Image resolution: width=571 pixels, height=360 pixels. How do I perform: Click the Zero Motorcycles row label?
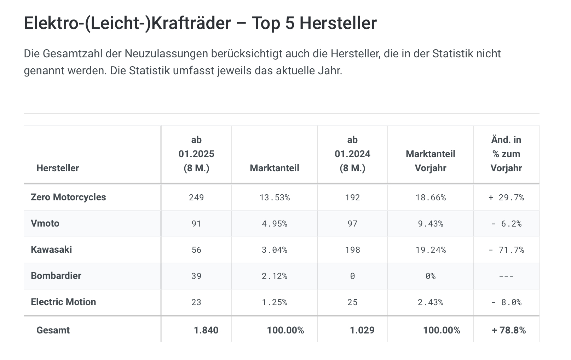tap(68, 197)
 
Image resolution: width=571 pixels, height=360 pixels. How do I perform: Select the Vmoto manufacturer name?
tap(45, 223)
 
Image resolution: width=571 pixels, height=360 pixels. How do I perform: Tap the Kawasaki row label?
tap(51, 250)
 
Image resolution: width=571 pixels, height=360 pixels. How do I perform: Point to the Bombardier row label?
tap(56, 276)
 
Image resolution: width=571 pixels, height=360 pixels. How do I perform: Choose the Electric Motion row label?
tap(63, 302)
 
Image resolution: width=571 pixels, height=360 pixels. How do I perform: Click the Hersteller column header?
tap(58, 168)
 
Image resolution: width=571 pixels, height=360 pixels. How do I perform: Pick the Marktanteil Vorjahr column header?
tap(430, 161)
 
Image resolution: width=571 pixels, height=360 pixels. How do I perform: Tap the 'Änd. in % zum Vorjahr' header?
tap(506, 154)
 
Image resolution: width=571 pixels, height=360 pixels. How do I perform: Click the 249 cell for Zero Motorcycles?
tap(196, 198)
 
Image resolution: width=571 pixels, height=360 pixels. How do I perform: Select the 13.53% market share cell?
tap(275, 198)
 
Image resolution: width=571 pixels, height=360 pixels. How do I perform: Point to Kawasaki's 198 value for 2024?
tap(352, 250)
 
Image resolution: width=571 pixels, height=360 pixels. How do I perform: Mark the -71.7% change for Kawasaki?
tap(506, 250)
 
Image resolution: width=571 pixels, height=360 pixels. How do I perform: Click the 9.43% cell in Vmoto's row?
tap(430, 224)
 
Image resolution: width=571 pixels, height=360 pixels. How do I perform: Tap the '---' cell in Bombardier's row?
tap(506, 276)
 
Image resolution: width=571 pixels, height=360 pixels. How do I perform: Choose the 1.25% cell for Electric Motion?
tap(275, 302)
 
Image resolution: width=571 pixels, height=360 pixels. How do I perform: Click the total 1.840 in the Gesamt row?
tap(206, 330)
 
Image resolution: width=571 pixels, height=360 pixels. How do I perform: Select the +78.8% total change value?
tap(508, 330)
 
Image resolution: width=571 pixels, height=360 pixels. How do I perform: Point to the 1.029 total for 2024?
tap(362, 330)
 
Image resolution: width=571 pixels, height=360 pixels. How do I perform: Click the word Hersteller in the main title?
tap(338, 23)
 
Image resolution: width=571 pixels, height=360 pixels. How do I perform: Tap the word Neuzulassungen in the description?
tap(167, 54)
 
